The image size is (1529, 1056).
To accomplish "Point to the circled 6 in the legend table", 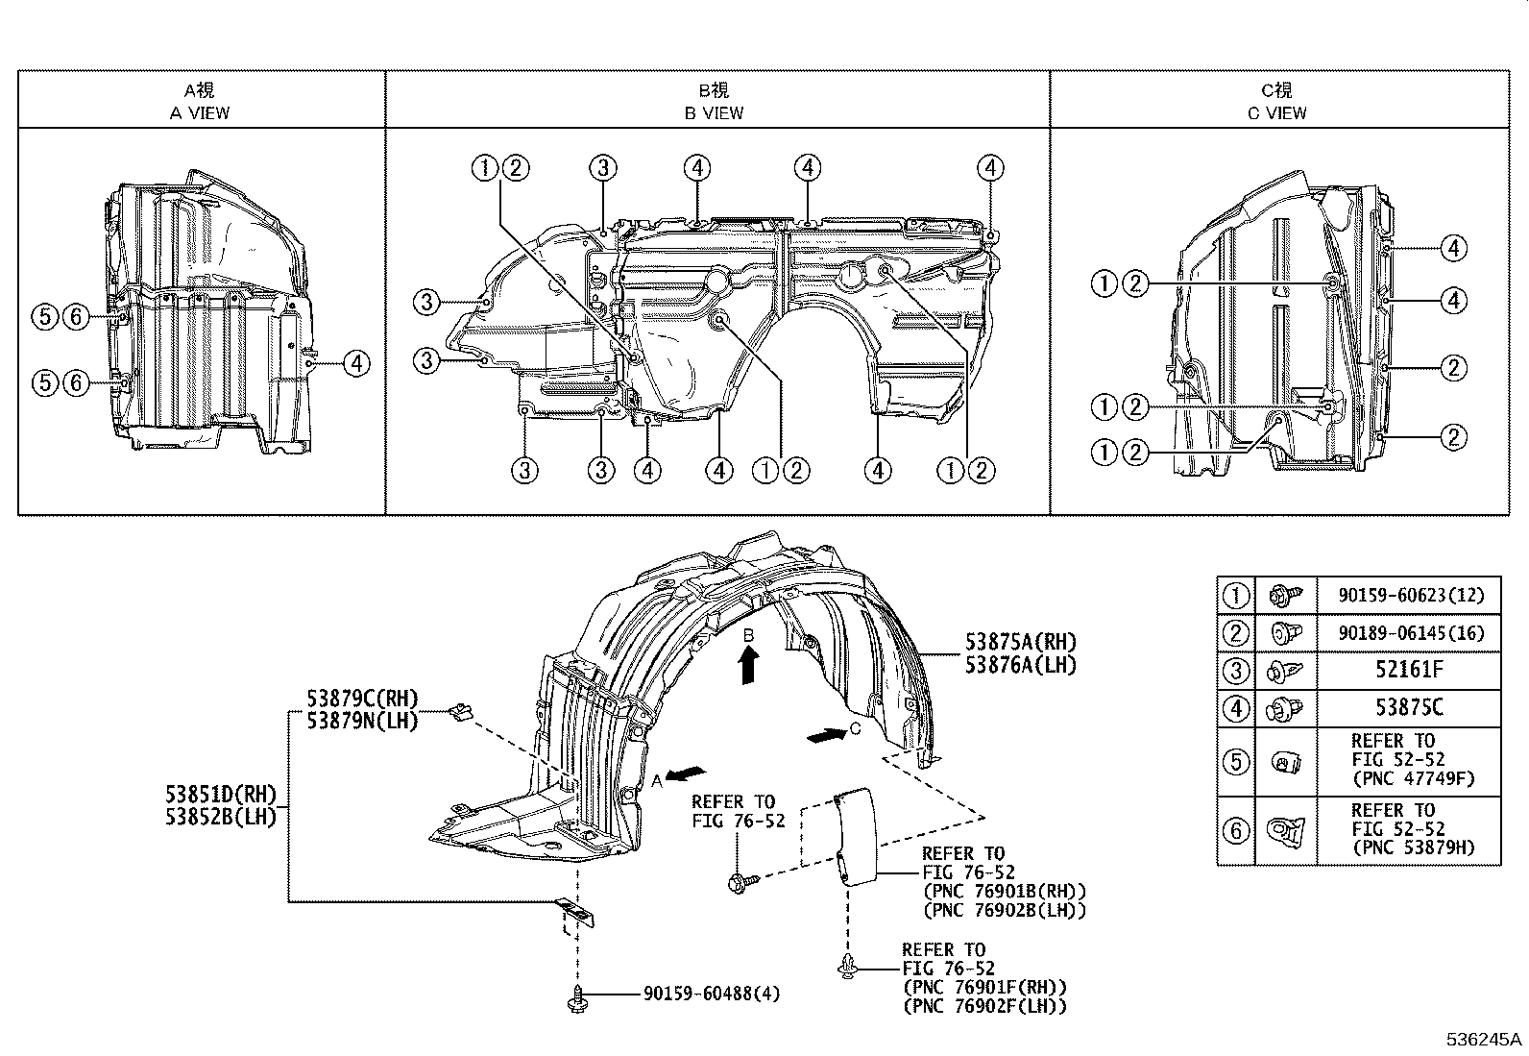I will (1236, 829).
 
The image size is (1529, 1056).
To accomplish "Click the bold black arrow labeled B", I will (749, 664).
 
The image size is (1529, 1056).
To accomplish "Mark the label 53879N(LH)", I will (362, 721).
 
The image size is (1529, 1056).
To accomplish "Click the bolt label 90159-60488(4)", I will (711, 994).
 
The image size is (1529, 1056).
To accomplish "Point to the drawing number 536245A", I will (1485, 1040).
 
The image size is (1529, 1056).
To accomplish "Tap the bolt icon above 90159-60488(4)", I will (578, 996).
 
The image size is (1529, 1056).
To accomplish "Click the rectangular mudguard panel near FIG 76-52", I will (855, 835).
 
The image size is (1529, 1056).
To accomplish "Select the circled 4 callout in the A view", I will (355, 364).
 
